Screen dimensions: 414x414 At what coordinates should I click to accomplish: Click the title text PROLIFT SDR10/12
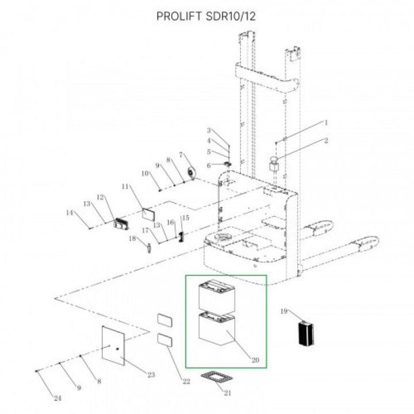click(206, 16)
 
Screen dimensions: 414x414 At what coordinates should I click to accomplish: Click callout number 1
click(326, 123)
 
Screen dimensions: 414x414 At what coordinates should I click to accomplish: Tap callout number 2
click(326, 140)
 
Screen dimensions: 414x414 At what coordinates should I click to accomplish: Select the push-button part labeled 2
click(274, 164)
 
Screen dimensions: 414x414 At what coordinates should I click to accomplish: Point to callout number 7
click(181, 155)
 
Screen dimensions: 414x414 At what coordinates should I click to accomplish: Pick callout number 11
click(125, 187)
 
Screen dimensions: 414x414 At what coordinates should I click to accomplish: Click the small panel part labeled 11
click(149, 214)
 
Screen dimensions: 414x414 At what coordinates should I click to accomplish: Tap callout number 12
click(100, 197)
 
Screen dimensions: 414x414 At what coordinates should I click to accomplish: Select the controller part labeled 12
click(121, 224)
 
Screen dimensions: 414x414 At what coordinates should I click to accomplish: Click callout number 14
click(70, 213)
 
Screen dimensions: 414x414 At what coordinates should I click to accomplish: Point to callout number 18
click(132, 239)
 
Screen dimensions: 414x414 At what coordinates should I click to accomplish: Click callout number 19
click(284, 311)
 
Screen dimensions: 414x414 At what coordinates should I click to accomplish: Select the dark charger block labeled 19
click(306, 333)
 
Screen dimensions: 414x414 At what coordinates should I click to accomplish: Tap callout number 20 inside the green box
click(255, 360)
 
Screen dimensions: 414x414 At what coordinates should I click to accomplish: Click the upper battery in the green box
click(217, 295)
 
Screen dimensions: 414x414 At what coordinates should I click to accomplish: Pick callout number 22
click(186, 381)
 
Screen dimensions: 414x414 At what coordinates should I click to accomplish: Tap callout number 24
click(58, 398)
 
